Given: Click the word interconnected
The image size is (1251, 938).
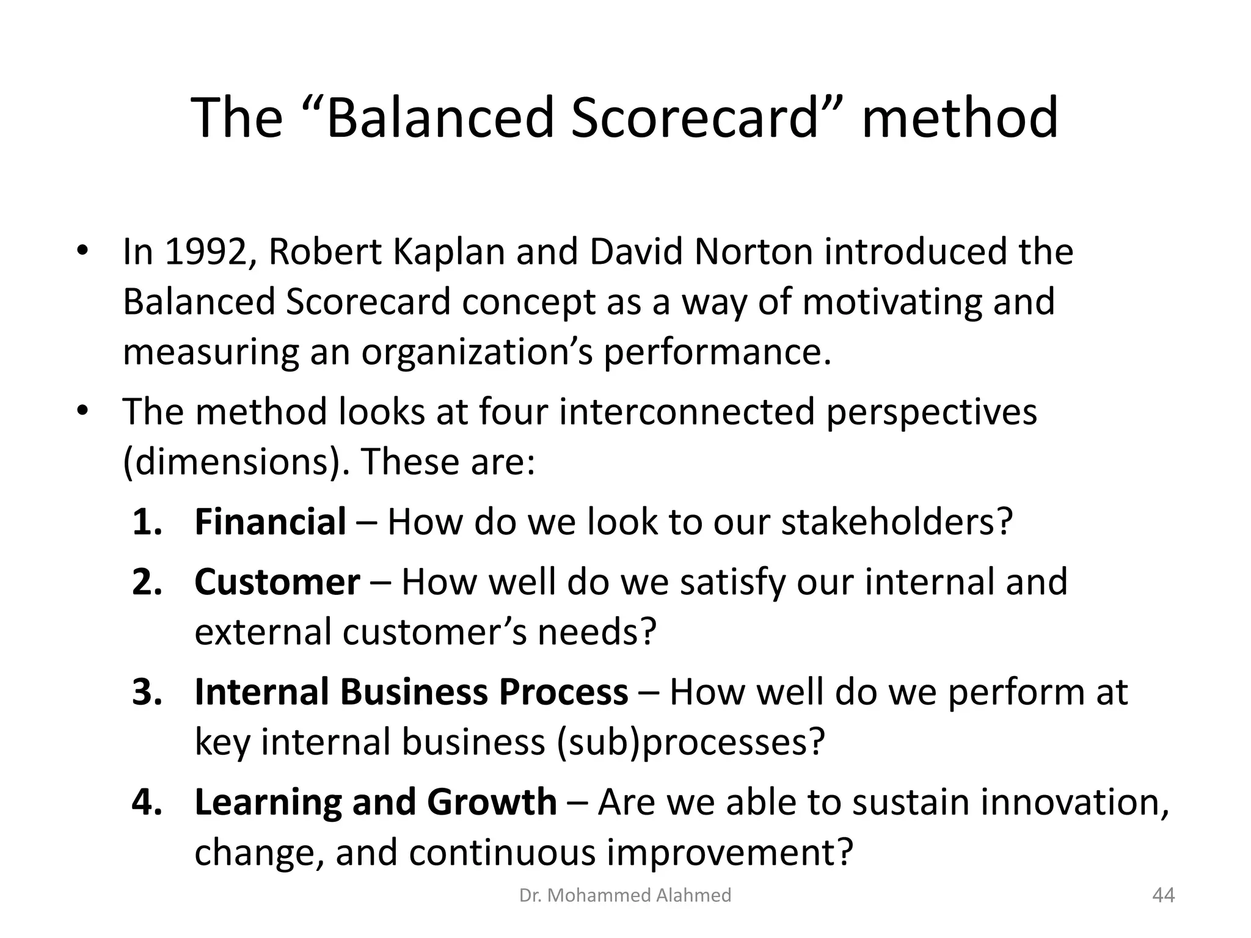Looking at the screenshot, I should pos(687,411).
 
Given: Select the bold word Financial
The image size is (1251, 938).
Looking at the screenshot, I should pos(270,522).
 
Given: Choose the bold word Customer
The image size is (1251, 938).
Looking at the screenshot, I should pos(277,582).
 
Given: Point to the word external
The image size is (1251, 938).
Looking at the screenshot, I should pos(263,632).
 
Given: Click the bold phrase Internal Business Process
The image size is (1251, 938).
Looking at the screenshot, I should pos(410,692).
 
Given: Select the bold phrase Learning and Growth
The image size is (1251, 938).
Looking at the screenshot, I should pos(375,802).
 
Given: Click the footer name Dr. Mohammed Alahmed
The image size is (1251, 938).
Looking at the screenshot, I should pos(625,895).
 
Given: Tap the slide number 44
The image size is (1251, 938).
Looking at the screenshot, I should pos(1163,895).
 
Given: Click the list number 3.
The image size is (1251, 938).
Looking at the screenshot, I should pos(147,692).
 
